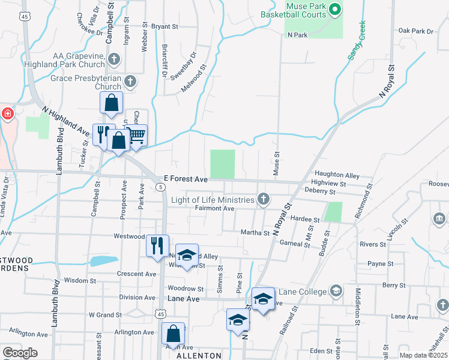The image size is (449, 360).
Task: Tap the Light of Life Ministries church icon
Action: coord(262,199)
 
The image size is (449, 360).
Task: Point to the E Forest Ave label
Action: coord(185,179)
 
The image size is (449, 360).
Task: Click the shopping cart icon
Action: coord(138,136)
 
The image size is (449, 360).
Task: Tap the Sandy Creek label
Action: coord(357,41)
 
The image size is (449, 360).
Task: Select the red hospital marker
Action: coord(7,113)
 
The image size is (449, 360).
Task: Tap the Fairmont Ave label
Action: coord(214,208)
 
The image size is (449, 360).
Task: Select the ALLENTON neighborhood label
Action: coord(199,356)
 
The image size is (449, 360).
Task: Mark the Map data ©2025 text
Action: coord(423,355)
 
